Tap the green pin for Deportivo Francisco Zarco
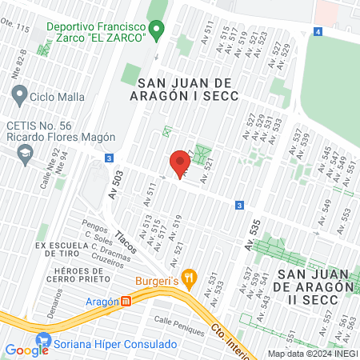pos(158,32)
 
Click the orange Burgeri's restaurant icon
pos(190,278)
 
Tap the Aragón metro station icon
pos(126,302)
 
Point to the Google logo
pos(26,350)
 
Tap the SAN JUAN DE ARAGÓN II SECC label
pos(315,281)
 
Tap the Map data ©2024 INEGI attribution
pos(312,353)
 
